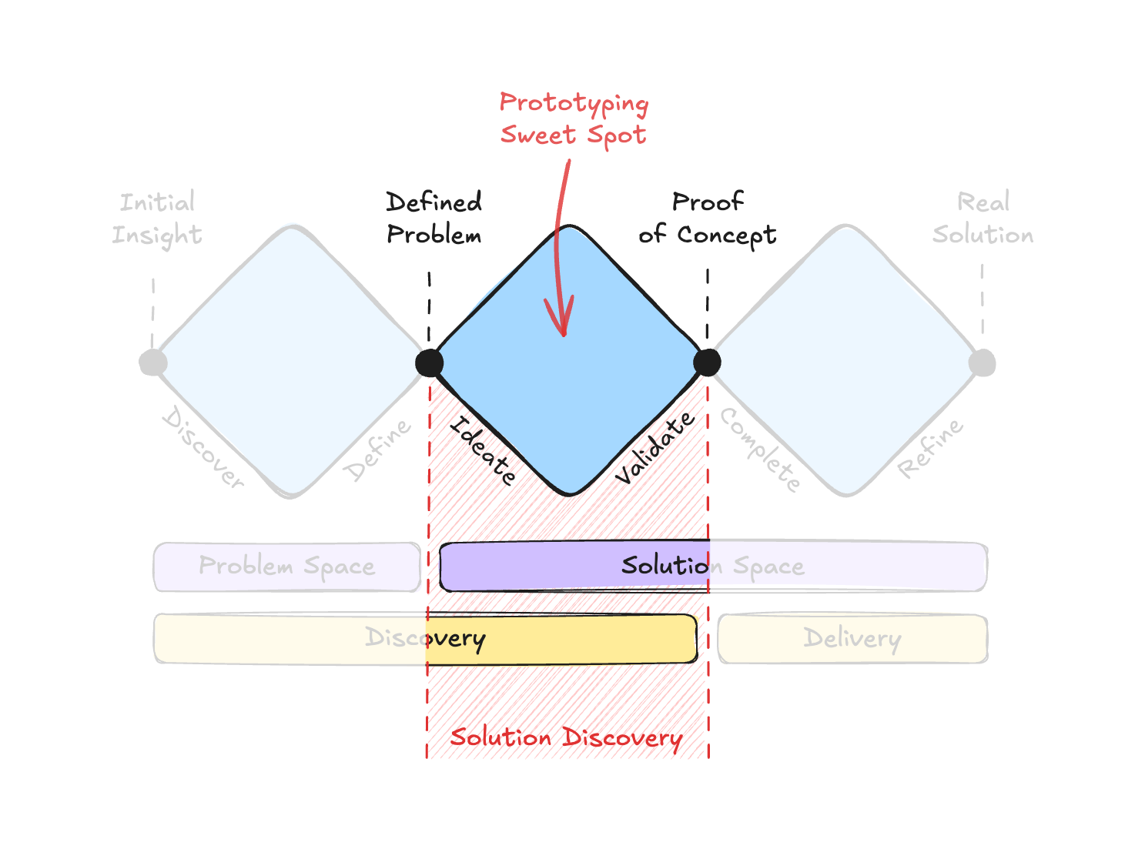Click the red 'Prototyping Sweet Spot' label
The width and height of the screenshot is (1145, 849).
574,119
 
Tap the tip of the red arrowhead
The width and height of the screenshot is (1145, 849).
564,335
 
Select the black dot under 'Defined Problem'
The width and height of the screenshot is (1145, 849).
429,363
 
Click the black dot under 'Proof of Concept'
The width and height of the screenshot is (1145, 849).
707,362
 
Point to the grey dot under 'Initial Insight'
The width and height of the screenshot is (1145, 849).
153,362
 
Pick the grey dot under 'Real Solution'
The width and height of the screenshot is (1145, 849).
983,362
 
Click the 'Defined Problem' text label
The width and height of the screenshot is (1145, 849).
434,218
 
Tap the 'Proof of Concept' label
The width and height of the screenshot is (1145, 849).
707,218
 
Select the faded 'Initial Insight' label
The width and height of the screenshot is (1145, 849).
157,218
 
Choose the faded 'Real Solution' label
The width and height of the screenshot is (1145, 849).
983,218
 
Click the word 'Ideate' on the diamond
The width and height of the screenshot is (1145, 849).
483,450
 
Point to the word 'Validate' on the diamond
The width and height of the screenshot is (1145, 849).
655,448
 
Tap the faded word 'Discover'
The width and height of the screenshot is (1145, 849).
203,448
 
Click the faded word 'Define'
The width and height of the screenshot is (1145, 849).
377,450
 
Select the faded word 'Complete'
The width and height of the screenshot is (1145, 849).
760,450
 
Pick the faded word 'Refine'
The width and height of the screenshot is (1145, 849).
930,448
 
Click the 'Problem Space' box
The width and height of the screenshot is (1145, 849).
286,567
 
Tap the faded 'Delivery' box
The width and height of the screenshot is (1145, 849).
852,638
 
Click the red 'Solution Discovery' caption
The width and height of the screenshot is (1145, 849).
566,737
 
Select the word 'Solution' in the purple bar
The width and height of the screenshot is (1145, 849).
664,566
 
